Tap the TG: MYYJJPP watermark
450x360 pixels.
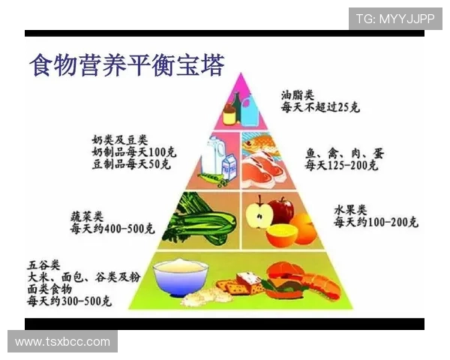click(x=394, y=19)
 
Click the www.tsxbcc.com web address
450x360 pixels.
click(x=63, y=342)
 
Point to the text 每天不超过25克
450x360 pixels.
click(x=320, y=108)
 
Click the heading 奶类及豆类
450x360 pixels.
click(x=119, y=140)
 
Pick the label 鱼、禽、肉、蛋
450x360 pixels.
click(x=344, y=153)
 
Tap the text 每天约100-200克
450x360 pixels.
click(x=376, y=223)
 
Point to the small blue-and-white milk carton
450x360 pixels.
click(x=229, y=160)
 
